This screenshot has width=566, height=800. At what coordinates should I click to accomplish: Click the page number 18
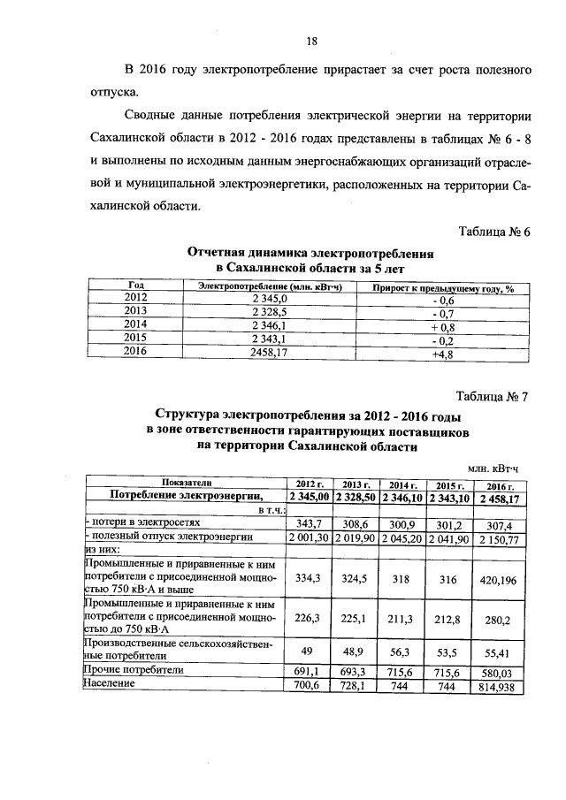click(x=311, y=41)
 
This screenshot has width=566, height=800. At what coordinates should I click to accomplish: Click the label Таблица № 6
click(x=493, y=232)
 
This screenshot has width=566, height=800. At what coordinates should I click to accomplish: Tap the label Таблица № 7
click(x=493, y=396)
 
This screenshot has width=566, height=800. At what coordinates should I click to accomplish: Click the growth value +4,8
click(x=441, y=351)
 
